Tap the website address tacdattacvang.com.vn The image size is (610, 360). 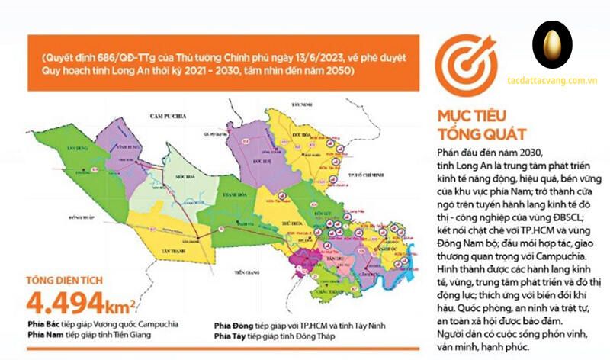click(551, 79)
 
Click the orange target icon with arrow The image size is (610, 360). click(460, 65)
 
